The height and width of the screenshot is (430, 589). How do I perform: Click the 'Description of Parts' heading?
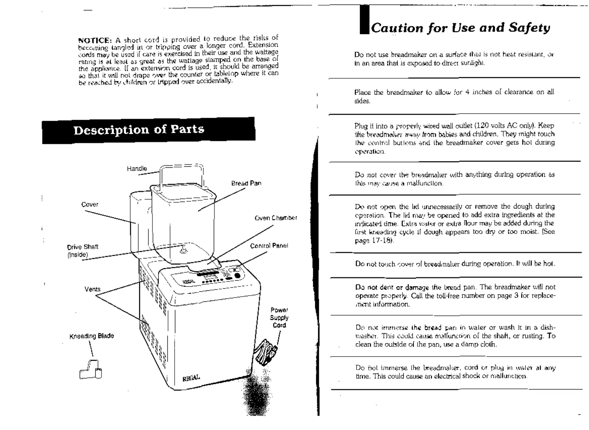(x=139, y=130)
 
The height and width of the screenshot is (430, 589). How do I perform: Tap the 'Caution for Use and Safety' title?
(x=460, y=28)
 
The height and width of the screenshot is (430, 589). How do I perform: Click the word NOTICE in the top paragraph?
(x=94, y=40)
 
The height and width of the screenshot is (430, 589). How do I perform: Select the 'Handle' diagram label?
(x=137, y=169)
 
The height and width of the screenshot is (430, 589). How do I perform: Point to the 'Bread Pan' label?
(x=246, y=183)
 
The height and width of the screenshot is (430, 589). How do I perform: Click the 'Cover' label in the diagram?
(x=90, y=204)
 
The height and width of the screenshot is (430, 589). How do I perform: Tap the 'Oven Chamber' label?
(x=276, y=218)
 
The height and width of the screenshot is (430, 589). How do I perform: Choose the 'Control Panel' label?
(x=269, y=246)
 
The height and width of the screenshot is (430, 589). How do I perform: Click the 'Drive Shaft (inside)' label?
(x=82, y=251)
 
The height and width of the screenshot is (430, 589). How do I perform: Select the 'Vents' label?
(x=92, y=289)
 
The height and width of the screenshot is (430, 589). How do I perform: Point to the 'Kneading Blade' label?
(x=91, y=336)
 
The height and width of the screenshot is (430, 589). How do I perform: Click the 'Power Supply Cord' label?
(x=279, y=317)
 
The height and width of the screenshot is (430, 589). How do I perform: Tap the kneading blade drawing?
(x=91, y=370)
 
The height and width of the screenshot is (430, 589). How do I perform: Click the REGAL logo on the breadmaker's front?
(x=191, y=377)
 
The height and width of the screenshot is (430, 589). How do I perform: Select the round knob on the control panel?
(x=237, y=276)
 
